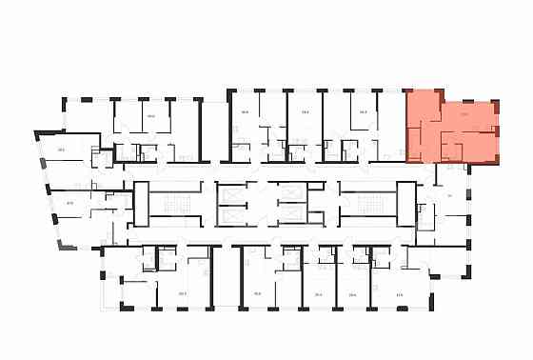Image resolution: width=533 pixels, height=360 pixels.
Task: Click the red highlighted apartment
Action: (447, 129)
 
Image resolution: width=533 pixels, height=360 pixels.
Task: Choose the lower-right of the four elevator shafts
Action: (285, 216)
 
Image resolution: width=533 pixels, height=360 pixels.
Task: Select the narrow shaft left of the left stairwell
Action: (141, 203)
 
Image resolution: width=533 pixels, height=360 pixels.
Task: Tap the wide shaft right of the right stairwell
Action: (406, 203)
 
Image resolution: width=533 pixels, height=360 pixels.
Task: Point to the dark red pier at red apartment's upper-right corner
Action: (496, 99)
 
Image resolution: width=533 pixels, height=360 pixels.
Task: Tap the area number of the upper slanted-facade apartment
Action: (61, 149)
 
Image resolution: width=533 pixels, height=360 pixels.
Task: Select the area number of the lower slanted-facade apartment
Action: (69, 202)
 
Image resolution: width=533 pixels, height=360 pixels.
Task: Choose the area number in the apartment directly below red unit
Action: (447, 195)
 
